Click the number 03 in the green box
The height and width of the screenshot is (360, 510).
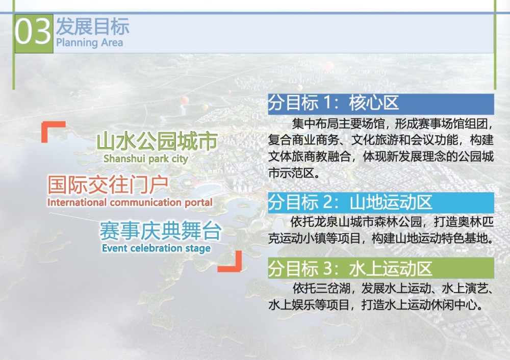(x=33, y=32)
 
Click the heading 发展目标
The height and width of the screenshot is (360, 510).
(x=93, y=27)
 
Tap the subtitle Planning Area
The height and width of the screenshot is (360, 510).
(x=89, y=43)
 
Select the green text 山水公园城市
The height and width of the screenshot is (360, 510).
(x=157, y=141)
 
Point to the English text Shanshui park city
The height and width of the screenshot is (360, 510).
(x=146, y=159)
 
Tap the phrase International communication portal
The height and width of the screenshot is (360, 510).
(x=130, y=202)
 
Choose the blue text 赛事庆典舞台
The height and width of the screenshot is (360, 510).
(x=161, y=230)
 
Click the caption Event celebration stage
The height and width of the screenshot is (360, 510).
(x=156, y=248)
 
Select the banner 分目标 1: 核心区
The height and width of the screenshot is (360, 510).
(x=381, y=104)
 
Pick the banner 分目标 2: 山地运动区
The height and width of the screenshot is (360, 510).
(x=381, y=202)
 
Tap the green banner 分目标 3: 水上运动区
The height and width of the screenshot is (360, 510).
(x=381, y=268)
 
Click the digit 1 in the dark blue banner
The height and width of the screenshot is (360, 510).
(x=328, y=103)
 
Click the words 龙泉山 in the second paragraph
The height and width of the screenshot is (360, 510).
(x=333, y=222)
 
